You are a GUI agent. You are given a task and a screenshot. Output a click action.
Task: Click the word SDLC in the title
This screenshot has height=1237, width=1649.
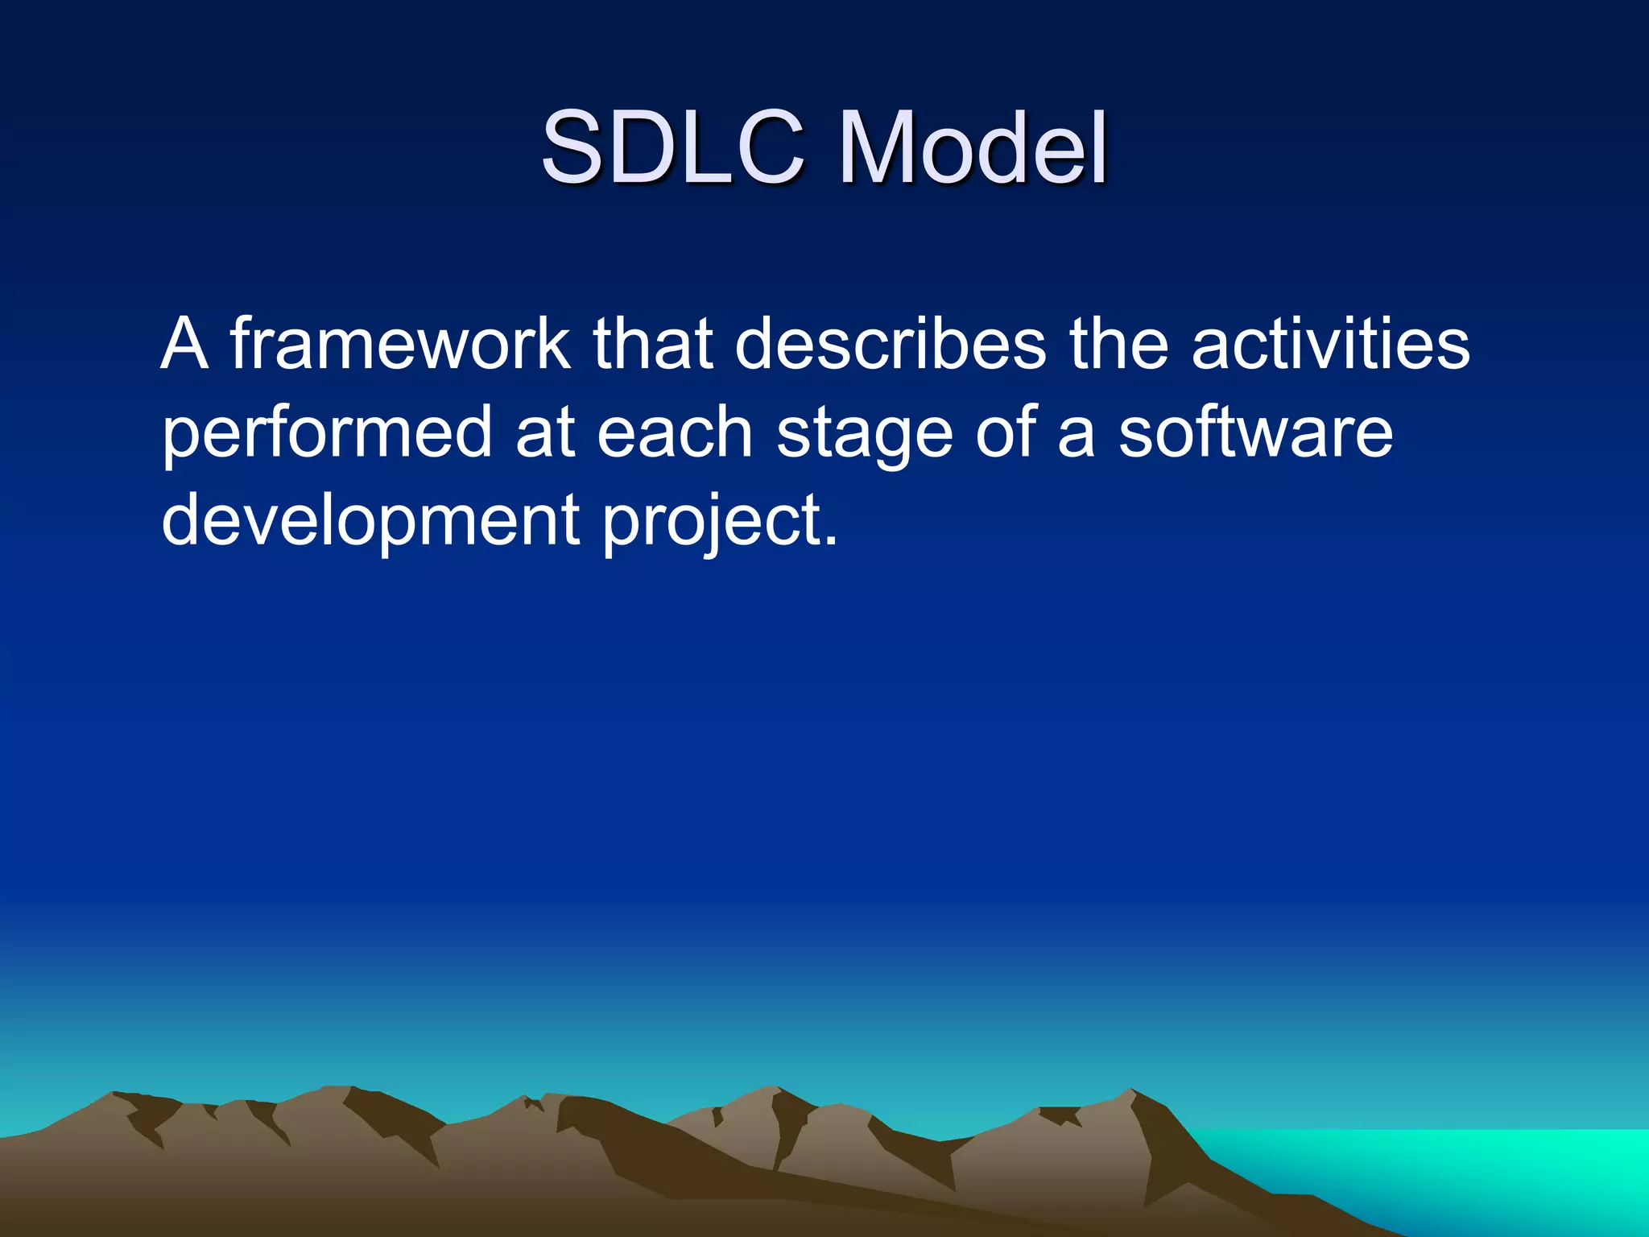672,147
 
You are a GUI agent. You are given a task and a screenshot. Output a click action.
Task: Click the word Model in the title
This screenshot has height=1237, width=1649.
973,147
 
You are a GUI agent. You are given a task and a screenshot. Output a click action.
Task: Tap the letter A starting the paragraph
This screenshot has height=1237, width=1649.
185,344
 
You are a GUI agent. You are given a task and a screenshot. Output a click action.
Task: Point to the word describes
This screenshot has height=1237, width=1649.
890,344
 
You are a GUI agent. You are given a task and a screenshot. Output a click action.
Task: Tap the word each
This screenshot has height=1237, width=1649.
675,432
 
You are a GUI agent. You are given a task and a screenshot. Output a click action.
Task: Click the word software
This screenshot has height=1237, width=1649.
1255,432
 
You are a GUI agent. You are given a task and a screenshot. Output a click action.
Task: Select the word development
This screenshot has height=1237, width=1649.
370,522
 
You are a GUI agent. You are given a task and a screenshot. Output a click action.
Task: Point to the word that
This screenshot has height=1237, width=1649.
652,344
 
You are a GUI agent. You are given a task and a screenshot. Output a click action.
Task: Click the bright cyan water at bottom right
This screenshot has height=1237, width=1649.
1490,1168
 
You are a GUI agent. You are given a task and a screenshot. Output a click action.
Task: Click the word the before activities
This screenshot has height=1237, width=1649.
1118,344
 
